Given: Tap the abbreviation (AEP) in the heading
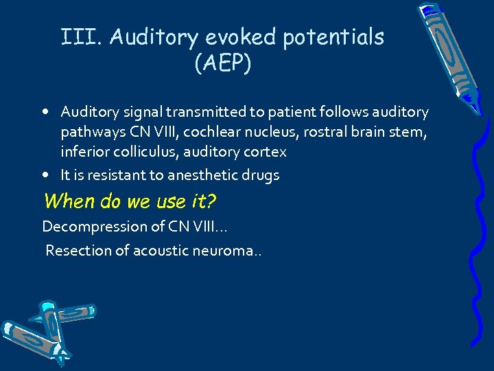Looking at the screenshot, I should coord(223,64).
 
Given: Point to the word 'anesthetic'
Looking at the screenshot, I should coord(191,175).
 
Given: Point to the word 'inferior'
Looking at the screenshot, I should coord(86,151).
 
